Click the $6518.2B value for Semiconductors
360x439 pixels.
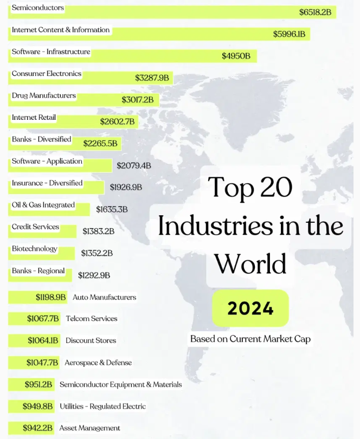tap(318, 12)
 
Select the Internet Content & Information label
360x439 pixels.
tap(61, 30)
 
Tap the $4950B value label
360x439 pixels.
tap(236, 56)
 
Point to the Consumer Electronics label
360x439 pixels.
tap(47, 74)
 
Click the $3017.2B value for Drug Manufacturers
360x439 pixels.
tap(138, 100)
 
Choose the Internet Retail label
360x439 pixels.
tap(34, 118)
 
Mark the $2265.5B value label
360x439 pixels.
tap(100, 144)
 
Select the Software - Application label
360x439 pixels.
tap(47, 162)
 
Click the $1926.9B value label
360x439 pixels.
tap(126, 187)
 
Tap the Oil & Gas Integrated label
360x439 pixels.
tap(43, 205)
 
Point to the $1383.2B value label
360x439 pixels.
tap(99, 231)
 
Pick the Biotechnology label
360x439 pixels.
tap(34, 249)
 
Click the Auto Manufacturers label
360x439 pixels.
tap(105, 297)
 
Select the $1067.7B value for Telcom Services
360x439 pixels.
tap(43, 319)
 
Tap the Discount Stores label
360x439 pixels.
tap(91, 340)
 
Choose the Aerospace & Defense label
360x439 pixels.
tap(98, 363)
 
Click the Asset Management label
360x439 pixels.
tap(90, 428)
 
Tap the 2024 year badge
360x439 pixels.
tap(250, 308)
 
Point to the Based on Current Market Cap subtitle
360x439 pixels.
tap(250, 339)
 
